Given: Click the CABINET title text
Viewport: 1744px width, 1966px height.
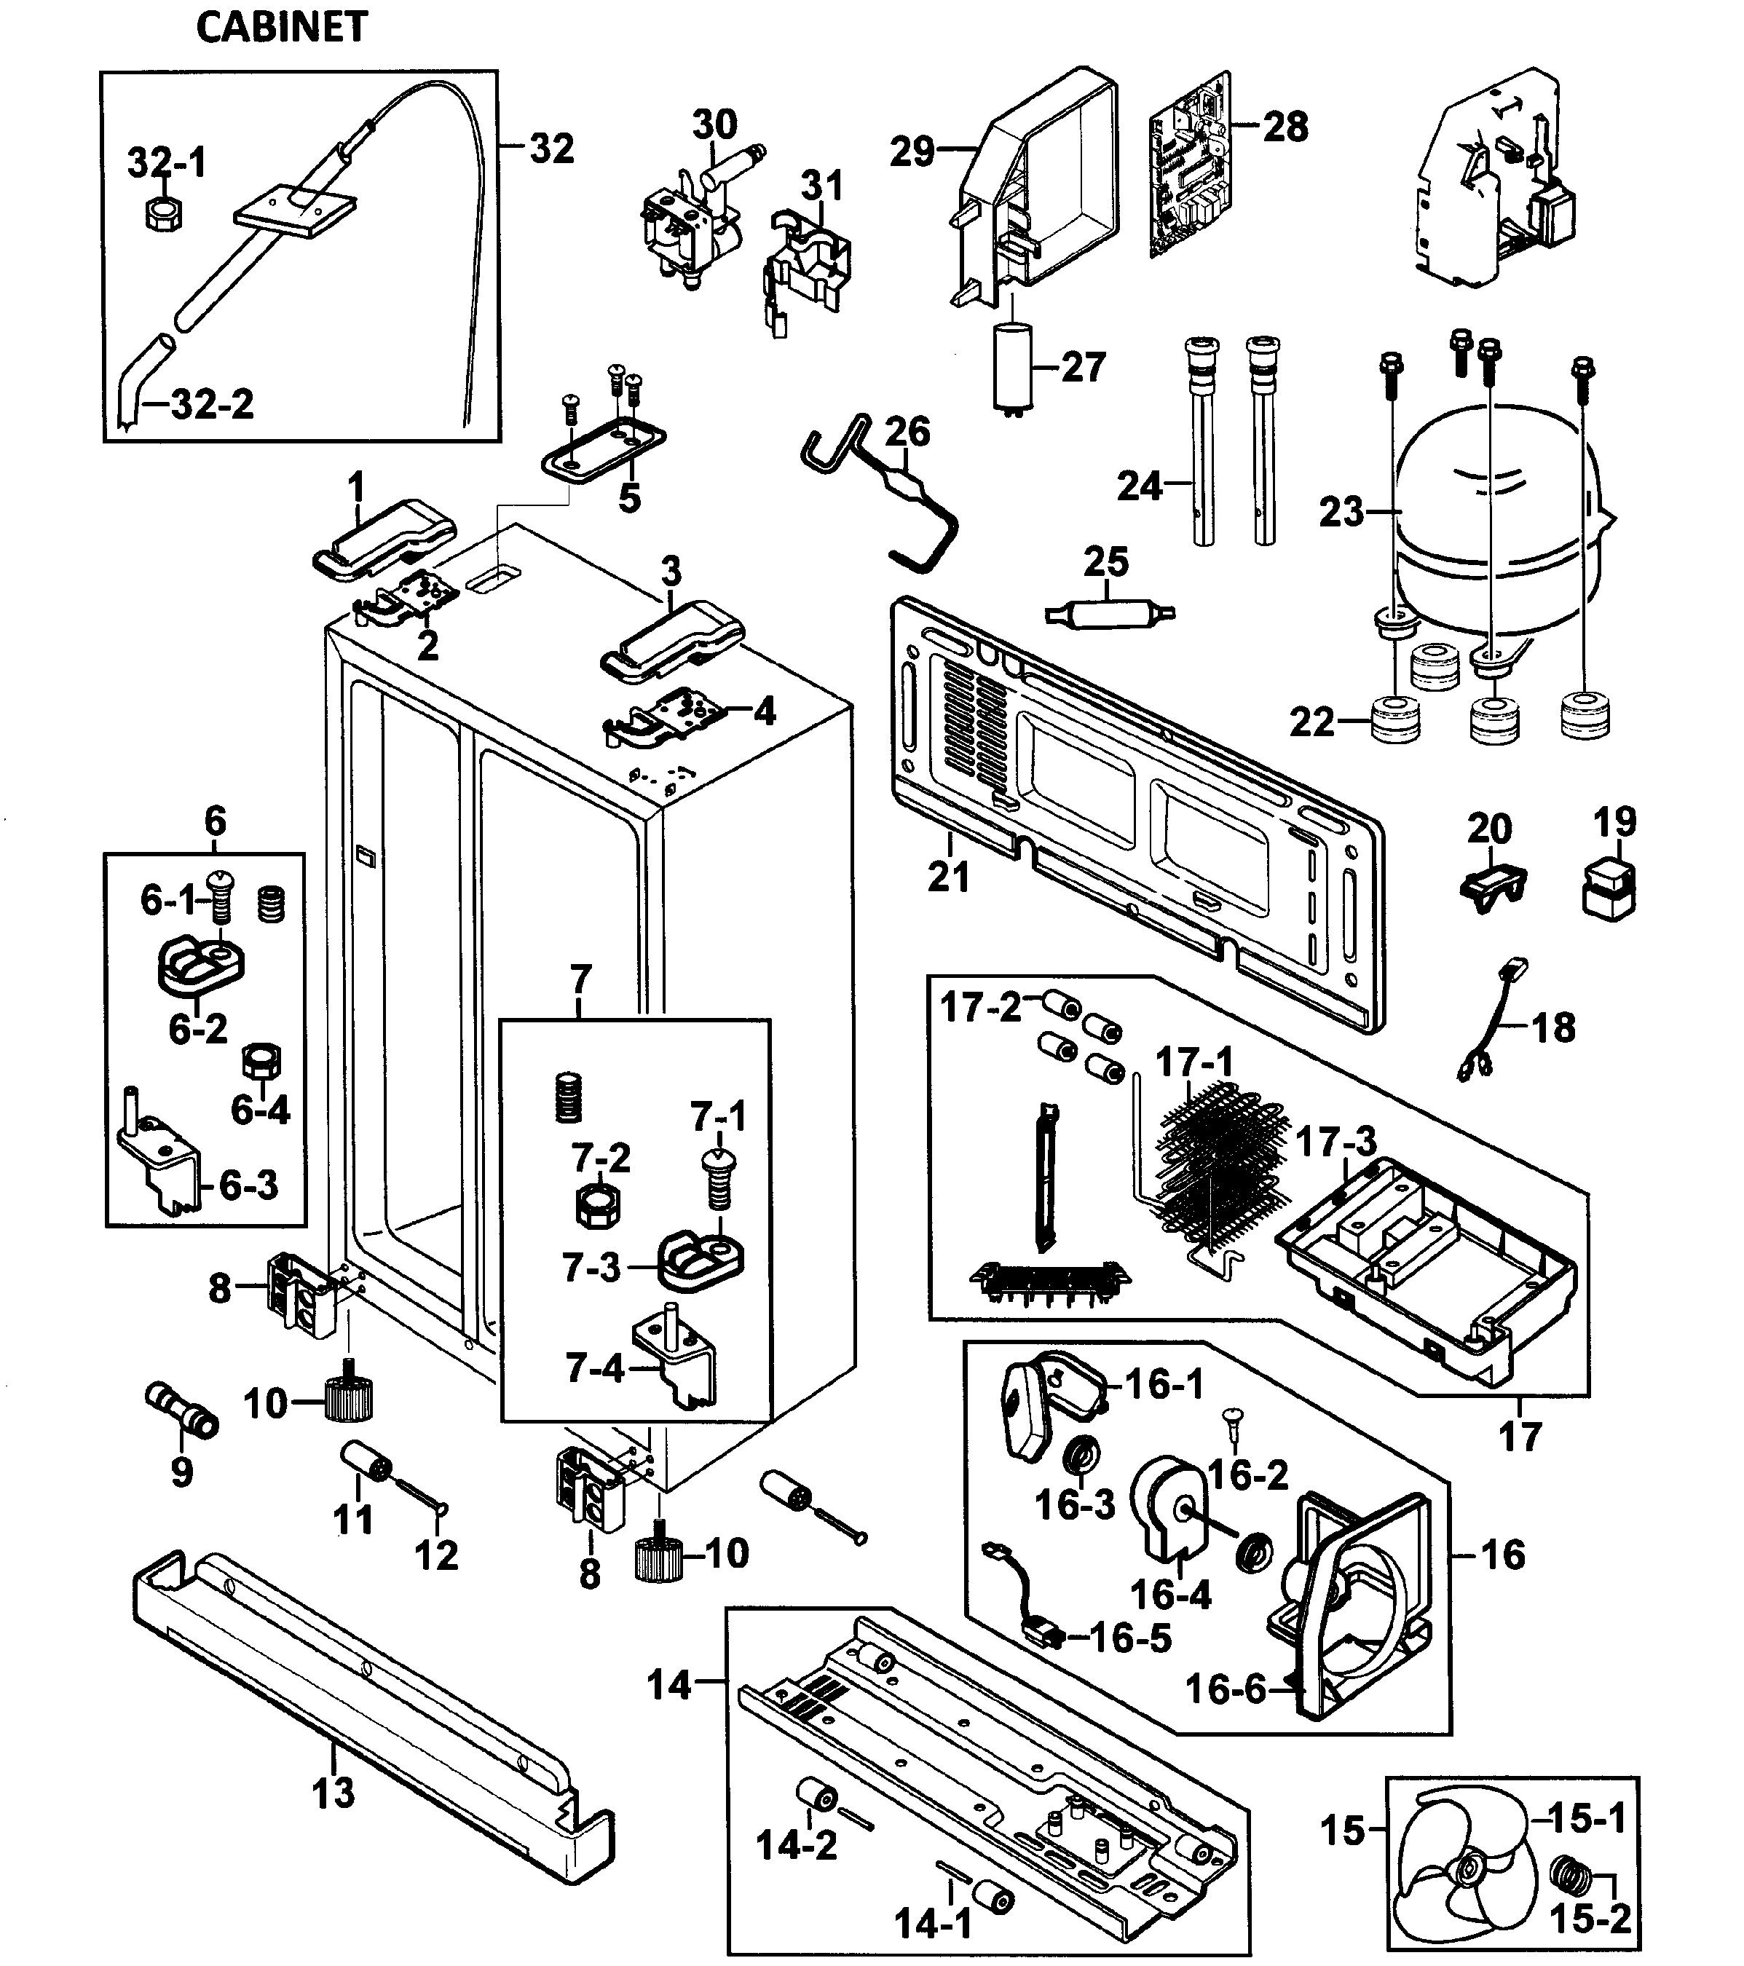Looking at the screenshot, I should [x=281, y=27].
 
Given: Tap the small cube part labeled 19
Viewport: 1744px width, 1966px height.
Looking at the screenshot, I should [x=1609, y=887].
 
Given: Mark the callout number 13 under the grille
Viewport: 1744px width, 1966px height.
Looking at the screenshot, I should [x=333, y=1792].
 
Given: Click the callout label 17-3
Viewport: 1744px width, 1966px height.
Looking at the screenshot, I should [x=1336, y=1142].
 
